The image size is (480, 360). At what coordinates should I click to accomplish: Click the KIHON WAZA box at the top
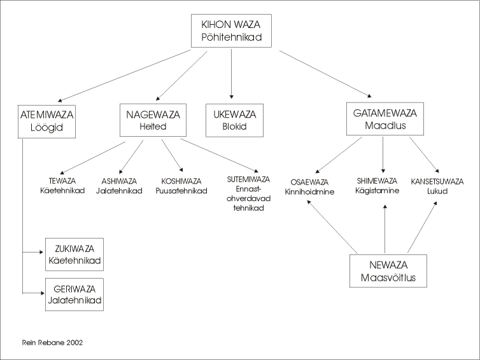(232, 31)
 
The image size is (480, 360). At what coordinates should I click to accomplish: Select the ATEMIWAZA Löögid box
(47, 120)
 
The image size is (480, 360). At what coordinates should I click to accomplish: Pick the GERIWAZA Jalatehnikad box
(74, 293)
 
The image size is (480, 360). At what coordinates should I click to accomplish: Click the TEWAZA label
(62, 181)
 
